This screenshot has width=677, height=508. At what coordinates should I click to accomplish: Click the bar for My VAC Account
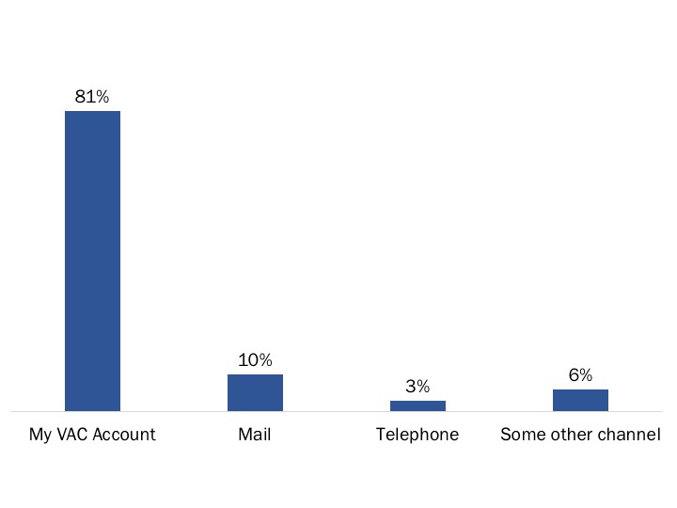pyautogui.click(x=92, y=261)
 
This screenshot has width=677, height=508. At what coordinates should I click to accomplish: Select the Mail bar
pyautogui.click(x=255, y=392)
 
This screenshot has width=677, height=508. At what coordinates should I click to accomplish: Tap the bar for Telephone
pyautogui.click(x=417, y=405)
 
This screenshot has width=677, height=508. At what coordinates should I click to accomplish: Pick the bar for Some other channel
pyautogui.click(x=580, y=400)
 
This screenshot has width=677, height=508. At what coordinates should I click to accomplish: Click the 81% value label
pyautogui.click(x=92, y=96)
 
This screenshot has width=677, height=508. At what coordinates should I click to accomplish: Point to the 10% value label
pyautogui.click(x=255, y=360)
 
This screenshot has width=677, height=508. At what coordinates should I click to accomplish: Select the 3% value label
pyautogui.click(x=417, y=387)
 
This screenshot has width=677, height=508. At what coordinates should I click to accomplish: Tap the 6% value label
pyautogui.click(x=580, y=375)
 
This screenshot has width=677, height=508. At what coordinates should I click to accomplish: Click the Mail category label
pyautogui.click(x=255, y=435)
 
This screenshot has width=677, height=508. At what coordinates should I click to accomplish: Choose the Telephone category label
pyautogui.click(x=417, y=435)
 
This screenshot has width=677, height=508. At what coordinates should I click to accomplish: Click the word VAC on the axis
pyautogui.click(x=73, y=435)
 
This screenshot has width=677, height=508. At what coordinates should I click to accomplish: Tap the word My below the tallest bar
pyautogui.click(x=40, y=435)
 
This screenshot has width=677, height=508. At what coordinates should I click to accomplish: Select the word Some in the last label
pyautogui.click(x=519, y=435)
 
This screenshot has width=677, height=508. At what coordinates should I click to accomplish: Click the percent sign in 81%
pyautogui.click(x=102, y=96)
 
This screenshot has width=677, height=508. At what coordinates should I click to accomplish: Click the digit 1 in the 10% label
pyautogui.click(x=243, y=360)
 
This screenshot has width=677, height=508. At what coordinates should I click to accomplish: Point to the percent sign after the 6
pyautogui.click(x=586, y=375)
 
